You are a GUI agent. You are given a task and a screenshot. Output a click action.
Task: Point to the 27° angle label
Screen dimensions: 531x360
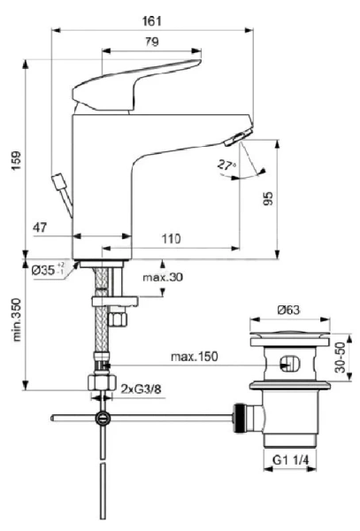click(226, 165)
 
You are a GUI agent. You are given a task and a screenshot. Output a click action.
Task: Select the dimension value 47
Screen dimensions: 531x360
click(41, 228)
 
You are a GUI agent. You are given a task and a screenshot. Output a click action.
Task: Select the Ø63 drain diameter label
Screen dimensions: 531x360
click(287, 310)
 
